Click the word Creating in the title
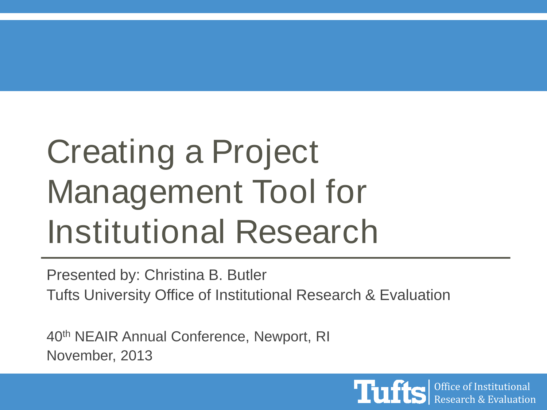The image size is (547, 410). click(110, 153)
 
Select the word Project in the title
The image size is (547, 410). click(265, 153)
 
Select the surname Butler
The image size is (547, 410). click(247, 275)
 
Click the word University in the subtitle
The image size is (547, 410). click(117, 295)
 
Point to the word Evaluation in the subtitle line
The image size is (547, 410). click(415, 295)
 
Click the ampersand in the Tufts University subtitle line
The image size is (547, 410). click(370, 295)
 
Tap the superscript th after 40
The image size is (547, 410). click(66, 333)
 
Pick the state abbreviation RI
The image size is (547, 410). click(323, 337)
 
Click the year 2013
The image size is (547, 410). click(136, 356)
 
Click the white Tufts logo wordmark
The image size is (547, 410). click(390, 392)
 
